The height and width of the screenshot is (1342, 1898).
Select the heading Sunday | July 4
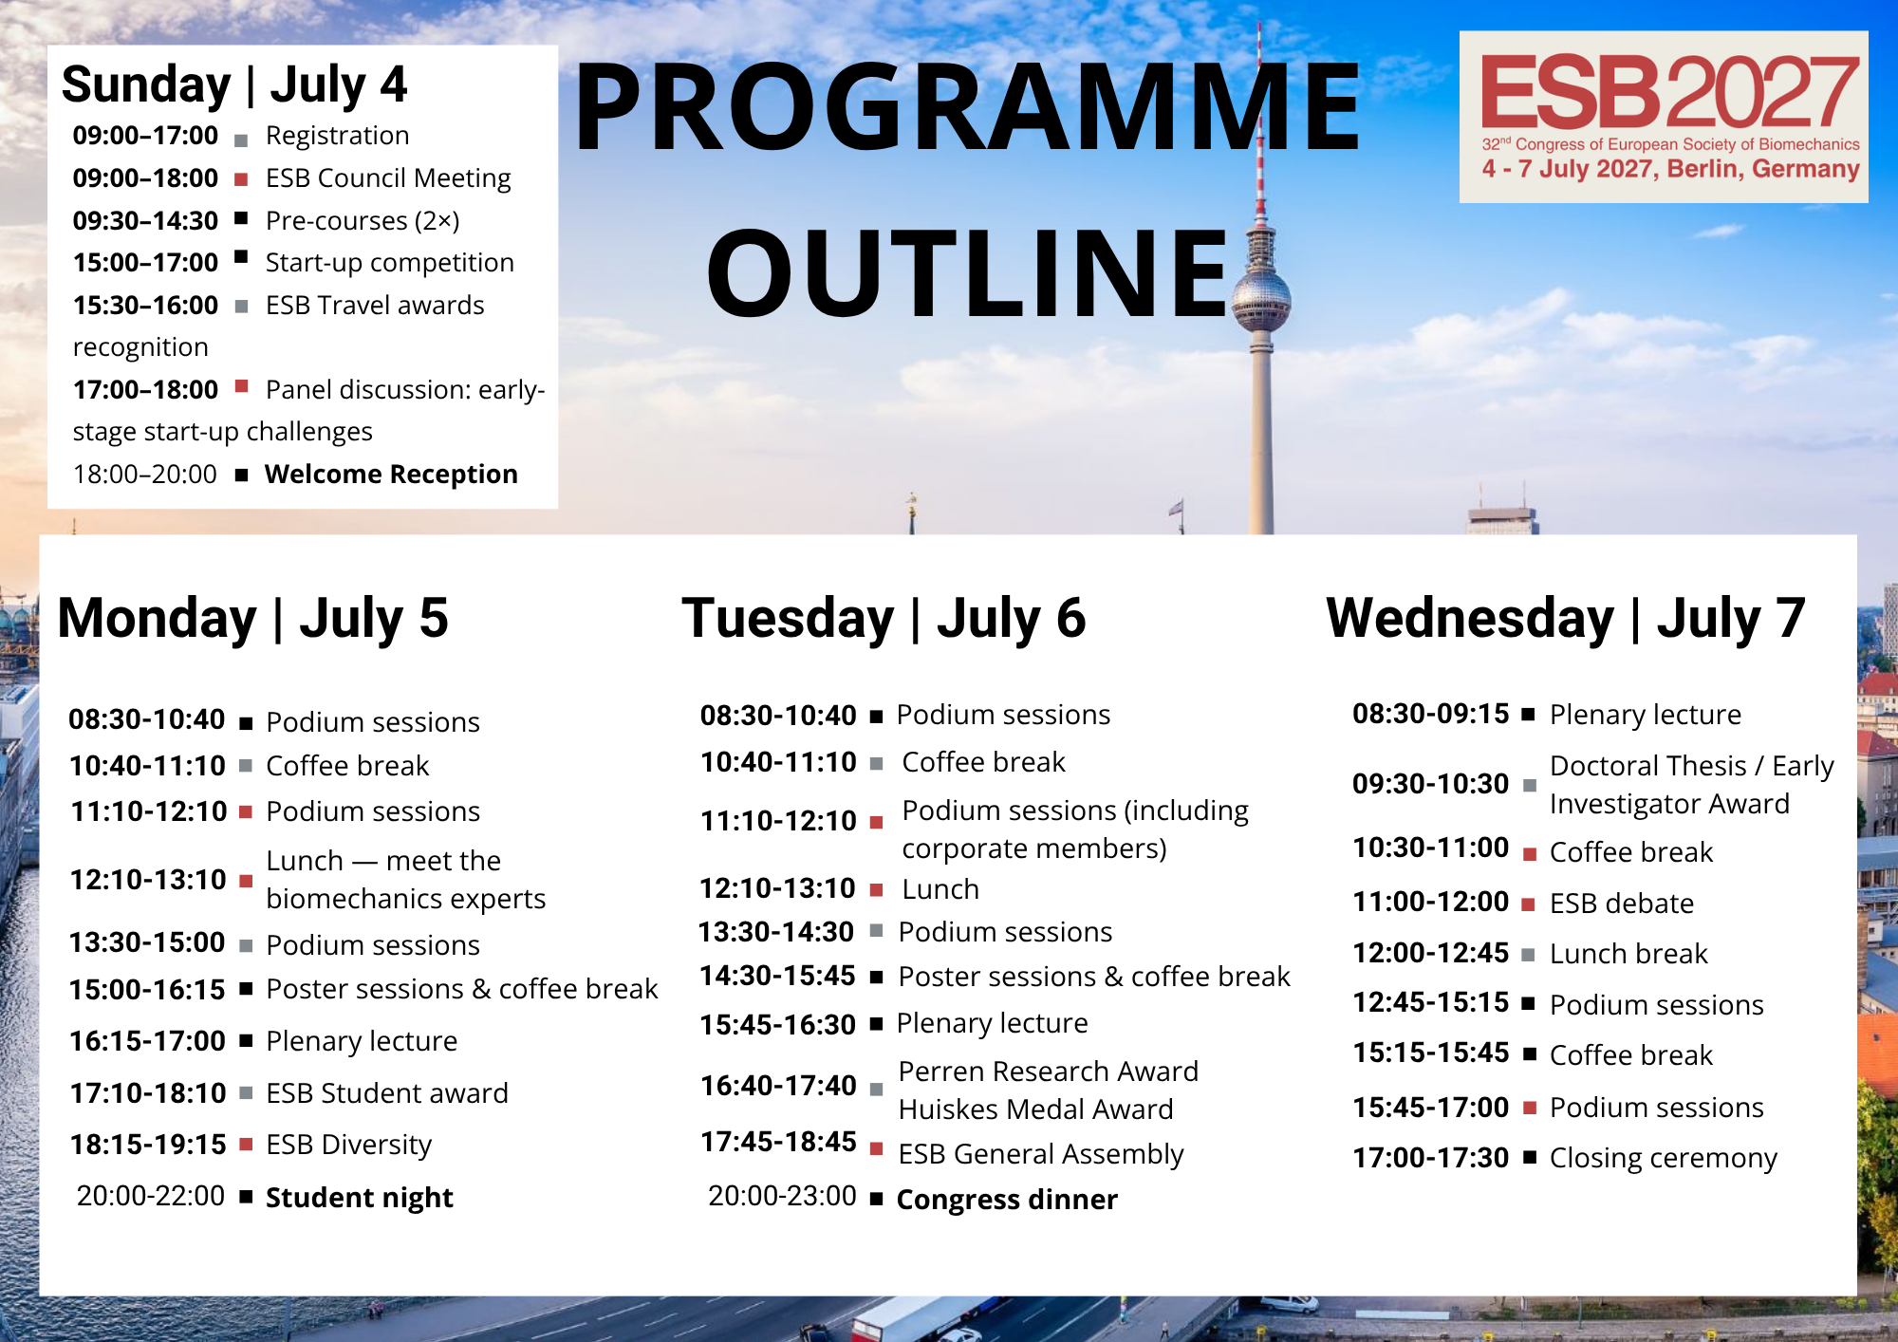(234, 85)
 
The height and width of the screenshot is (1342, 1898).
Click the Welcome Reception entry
(391, 474)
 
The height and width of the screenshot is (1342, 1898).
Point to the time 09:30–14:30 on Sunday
(145, 220)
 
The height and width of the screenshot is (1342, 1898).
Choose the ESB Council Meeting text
(388, 178)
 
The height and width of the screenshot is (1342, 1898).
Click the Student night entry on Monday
(360, 1198)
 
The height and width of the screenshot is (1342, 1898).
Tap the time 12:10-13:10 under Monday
(148, 880)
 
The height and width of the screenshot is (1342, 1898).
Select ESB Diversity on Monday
(348, 1145)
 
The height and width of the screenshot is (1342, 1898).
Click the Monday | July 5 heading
(252, 618)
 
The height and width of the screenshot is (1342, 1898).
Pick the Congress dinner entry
(1007, 1200)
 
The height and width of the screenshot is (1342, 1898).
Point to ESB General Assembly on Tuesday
(1041, 1154)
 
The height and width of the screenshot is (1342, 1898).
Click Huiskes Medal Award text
(1036, 1109)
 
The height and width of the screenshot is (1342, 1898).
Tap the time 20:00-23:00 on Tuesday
(782, 1196)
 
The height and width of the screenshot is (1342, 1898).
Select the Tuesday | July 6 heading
(884, 618)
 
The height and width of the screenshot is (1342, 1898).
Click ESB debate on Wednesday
(1622, 904)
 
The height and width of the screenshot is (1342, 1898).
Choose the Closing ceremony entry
(1664, 1158)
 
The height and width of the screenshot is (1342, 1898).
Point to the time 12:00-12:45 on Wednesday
(1430, 953)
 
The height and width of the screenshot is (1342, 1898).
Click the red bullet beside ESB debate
(1529, 905)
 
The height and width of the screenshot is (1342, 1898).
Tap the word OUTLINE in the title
(968, 272)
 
